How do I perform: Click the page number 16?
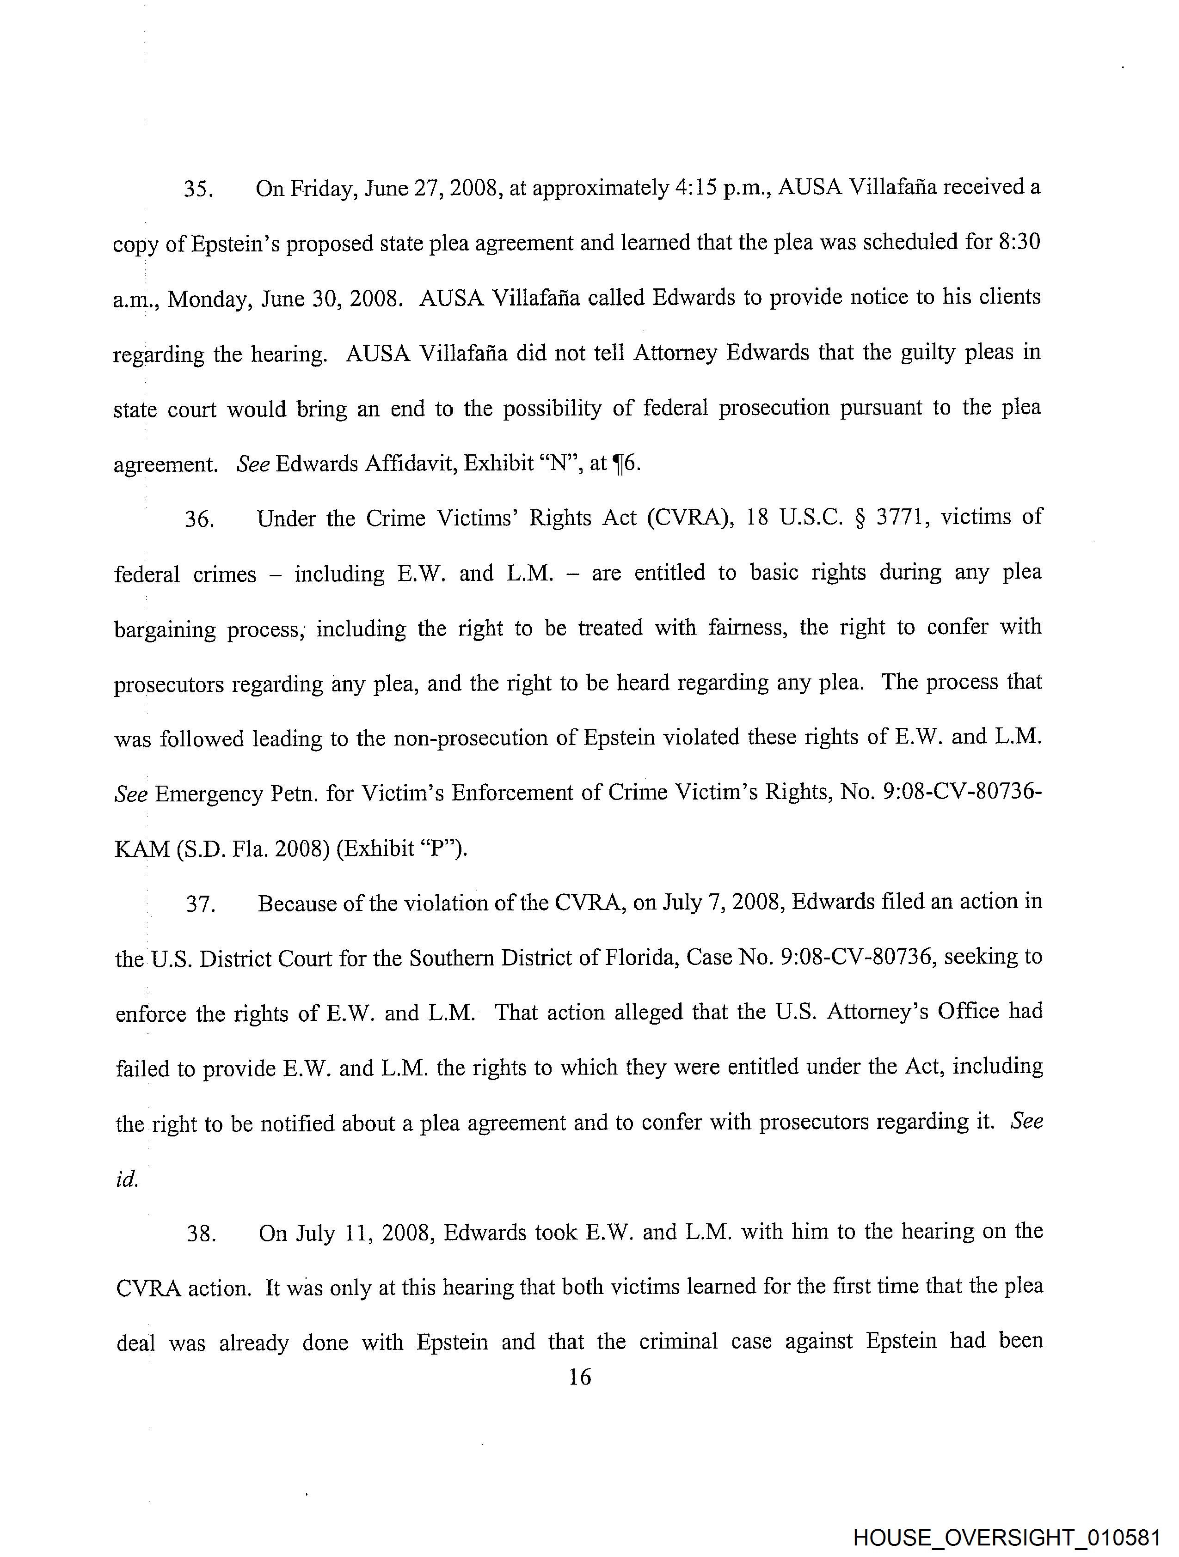[x=579, y=1378]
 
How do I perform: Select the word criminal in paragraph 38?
[x=678, y=1342]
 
